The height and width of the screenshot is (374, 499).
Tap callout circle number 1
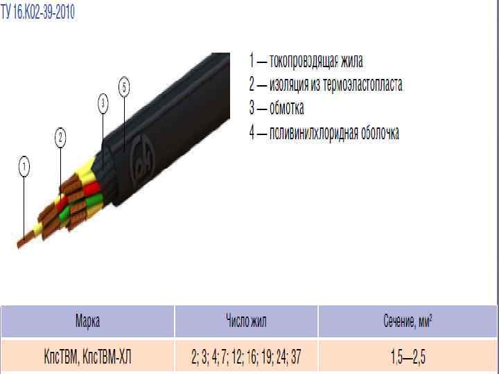coord(24,167)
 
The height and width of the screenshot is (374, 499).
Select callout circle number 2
coord(61,139)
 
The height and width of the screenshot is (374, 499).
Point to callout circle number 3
coord(103,104)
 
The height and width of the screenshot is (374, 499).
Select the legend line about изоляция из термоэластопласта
coord(326,85)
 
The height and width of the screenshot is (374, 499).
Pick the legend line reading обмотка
coord(277,109)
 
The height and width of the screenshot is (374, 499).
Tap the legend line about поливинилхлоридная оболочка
coord(324,133)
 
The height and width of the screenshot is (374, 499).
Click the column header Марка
coord(87,321)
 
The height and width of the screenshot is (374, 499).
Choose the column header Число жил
coord(246,321)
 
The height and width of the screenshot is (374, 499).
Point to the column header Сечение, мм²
coord(408,321)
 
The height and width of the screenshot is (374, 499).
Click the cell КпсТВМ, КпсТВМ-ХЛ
coord(87,357)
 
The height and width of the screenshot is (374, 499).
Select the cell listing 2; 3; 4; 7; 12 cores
coord(246,357)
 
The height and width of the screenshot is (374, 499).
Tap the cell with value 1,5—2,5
coord(408,357)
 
